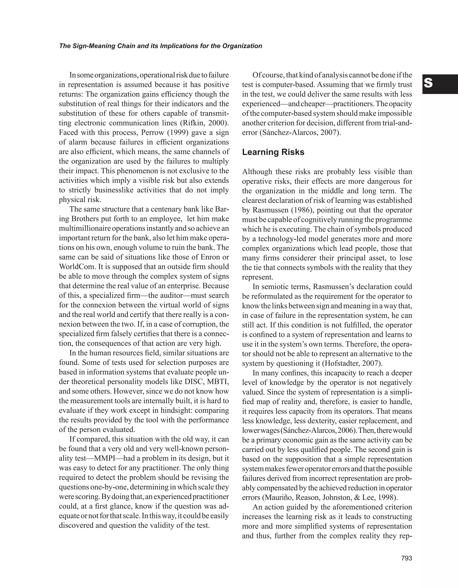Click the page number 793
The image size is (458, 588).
coord(407,558)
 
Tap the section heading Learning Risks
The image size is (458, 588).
coord(273,152)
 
